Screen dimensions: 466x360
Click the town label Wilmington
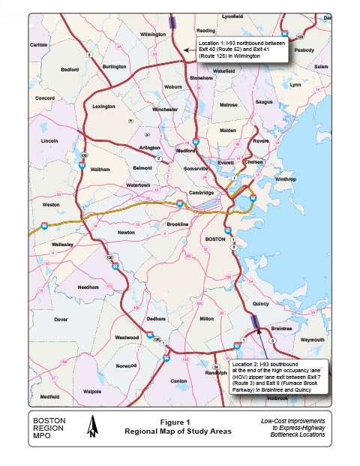coord(152,34)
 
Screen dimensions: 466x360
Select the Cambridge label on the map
coord(201,193)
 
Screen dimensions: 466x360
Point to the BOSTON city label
coord(216,239)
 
